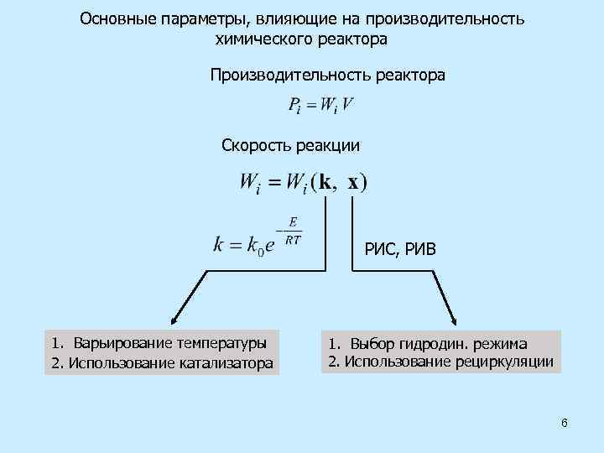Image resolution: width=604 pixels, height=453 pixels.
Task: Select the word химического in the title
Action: click(x=267, y=38)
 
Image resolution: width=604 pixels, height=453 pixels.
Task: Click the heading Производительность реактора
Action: click(x=328, y=75)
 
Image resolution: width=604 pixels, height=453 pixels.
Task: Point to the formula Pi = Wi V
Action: click(x=320, y=106)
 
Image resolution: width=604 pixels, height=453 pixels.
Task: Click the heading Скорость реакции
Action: click(x=290, y=145)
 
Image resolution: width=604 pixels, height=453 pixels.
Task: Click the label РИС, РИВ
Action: click(x=400, y=248)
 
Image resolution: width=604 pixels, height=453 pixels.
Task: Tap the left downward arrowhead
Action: click(x=173, y=321)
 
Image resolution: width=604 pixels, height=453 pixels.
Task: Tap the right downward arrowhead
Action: click(x=454, y=321)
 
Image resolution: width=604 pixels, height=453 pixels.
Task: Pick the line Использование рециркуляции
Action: click(x=440, y=362)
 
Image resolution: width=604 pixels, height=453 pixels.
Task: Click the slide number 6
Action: click(x=565, y=423)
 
